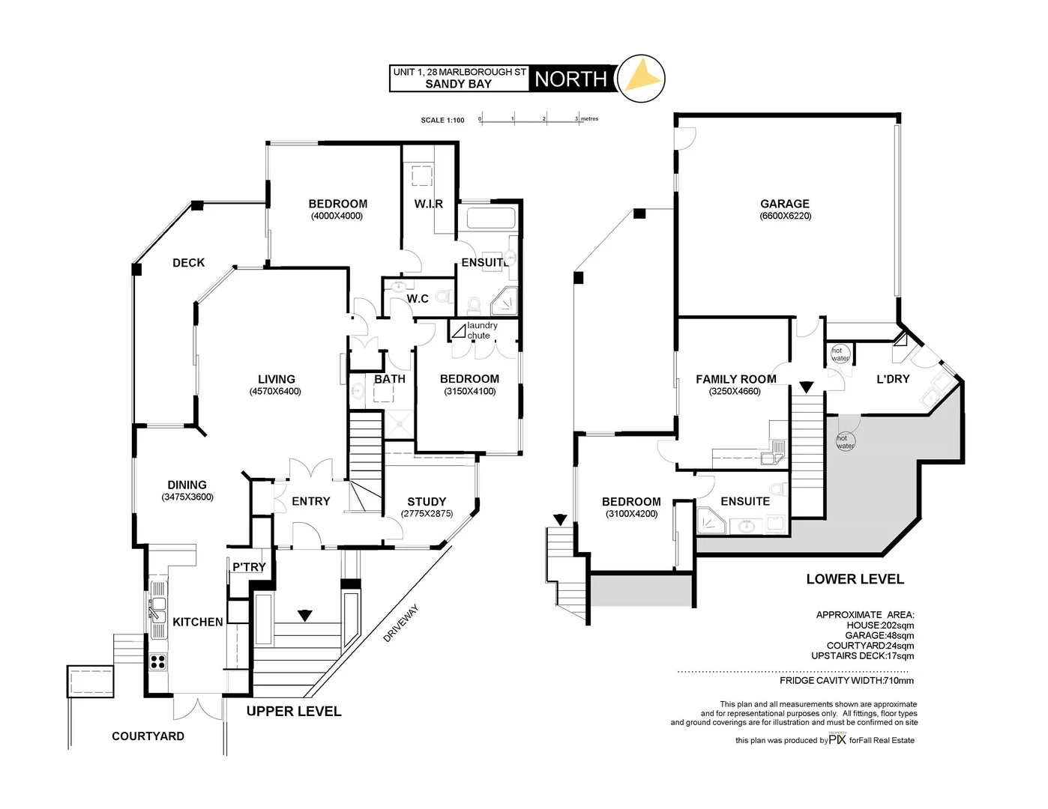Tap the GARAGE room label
point(785,204)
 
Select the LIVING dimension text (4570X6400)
point(277,392)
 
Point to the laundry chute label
point(482,330)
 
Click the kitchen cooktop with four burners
point(159,661)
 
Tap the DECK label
point(188,263)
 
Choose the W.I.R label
point(428,204)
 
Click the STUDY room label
point(427,502)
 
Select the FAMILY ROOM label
point(735,379)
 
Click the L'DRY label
point(893,379)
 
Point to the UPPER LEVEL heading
point(294,712)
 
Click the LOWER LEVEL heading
point(855,579)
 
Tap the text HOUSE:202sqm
point(880,625)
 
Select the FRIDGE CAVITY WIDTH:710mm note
point(846,681)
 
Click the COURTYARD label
point(148,736)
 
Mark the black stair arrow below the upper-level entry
point(304,616)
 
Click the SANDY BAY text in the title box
point(458,84)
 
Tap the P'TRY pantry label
point(248,567)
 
